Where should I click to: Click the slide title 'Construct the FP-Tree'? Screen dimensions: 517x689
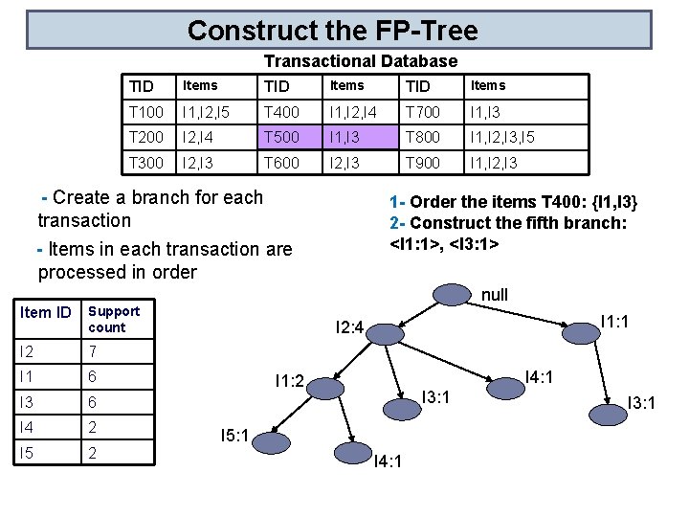[x=332, y=30]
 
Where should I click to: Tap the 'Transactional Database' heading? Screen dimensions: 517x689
[x=361, y=61]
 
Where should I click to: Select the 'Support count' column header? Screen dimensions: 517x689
[x=114, y=319]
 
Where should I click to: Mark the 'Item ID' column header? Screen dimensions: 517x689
[x=46, y=313]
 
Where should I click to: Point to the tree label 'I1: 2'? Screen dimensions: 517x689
[x=289, y=381]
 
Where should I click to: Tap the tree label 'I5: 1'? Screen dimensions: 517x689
[x=234, y=437]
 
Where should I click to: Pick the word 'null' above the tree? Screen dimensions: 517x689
[x=494, y=295]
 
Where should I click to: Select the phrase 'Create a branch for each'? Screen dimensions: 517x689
[x=158, y=198]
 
